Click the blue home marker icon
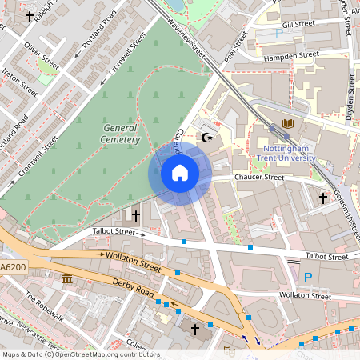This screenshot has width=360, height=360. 180,173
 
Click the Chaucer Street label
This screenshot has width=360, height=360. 258,178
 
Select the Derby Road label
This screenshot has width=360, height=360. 134,290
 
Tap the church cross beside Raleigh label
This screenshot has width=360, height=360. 30,15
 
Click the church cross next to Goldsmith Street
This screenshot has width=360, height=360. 323,198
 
